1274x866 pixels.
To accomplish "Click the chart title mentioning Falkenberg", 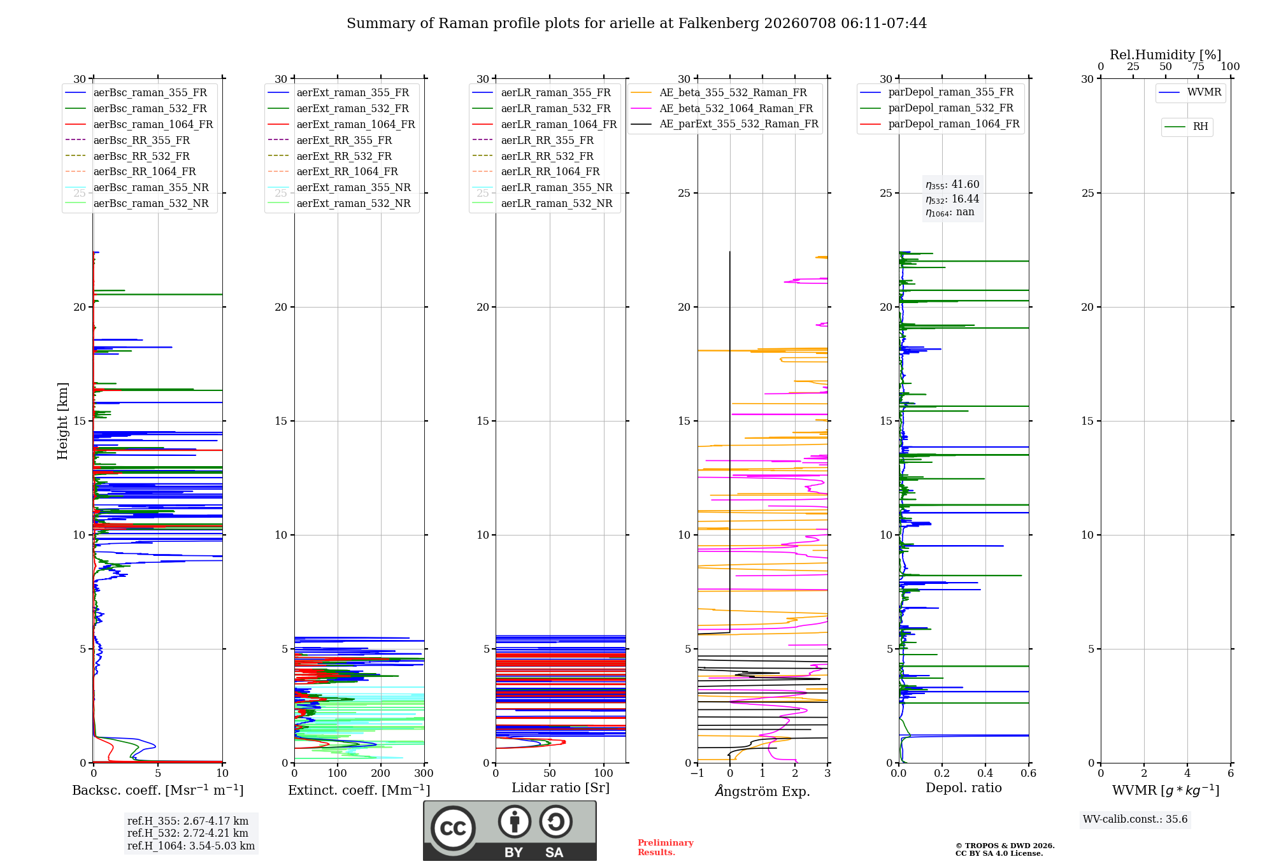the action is pos(636,24).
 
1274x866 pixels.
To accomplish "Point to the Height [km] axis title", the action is pos(62,421).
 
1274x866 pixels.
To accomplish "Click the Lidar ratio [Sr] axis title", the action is pos(561,788).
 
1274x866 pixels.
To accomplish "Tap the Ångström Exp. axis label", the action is pos(762,791).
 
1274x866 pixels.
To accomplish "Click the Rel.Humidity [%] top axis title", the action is pos(1166,55).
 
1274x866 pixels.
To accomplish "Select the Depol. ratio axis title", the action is pos(964,788).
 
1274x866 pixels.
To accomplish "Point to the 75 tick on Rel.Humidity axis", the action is pos(1198,67).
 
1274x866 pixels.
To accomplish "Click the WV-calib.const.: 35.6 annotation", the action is pos(1135,820).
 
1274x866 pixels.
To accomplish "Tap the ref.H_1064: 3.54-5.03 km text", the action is pos(191,846).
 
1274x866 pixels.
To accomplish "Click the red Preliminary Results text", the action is pos(666,848).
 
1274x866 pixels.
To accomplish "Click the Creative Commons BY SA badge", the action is pos(510,831).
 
